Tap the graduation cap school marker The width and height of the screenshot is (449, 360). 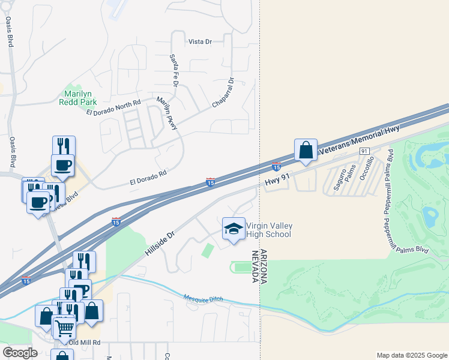pos(234,229)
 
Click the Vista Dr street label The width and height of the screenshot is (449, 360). pos(200,41)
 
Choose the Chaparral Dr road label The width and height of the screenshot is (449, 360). pos(223,93)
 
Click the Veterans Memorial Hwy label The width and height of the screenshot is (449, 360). pos(358,139)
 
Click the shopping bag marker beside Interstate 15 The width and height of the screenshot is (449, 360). pos(306,150)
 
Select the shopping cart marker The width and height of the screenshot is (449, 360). pos(64,327)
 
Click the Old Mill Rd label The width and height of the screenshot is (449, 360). pos(85,343)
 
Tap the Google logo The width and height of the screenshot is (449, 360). pos(20,352)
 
